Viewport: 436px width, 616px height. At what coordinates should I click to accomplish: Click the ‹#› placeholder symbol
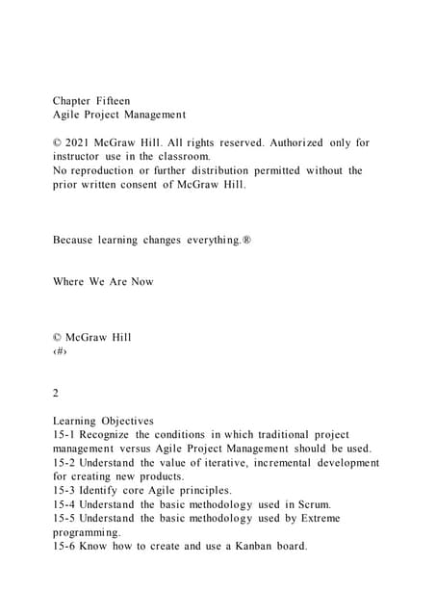pyautogui.click(x=59, y=351)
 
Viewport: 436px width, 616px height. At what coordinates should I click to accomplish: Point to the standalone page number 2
pyautogui.click(x=56, y=393)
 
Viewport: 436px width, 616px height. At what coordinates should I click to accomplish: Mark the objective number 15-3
pyautogui.click(x=64, y=490)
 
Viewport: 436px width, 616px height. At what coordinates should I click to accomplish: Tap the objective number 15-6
pyautogui.click(x=64, y=547)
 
